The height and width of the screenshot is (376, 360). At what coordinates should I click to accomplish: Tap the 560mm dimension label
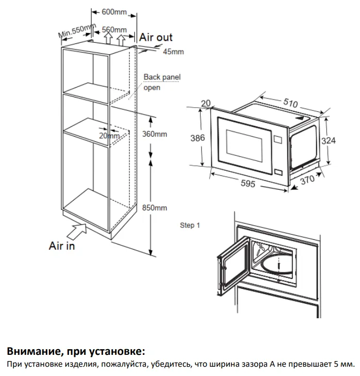114,29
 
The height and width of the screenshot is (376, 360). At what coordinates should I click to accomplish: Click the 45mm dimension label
173,52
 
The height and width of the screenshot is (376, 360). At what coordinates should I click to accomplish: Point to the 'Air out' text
156,37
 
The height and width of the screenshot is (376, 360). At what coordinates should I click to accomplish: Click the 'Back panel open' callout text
161,82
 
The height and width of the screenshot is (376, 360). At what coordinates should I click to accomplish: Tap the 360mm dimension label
154,134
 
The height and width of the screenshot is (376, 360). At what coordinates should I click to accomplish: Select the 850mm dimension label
154,207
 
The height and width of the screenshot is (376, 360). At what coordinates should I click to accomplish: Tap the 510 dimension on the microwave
291,103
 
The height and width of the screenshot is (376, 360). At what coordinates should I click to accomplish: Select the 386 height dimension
197,138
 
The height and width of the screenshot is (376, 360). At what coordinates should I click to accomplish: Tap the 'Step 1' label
189,225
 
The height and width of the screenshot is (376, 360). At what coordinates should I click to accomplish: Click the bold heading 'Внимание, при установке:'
76,352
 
